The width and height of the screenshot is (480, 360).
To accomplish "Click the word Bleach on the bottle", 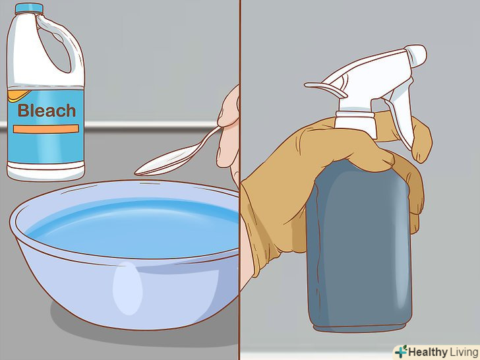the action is pos(47,111).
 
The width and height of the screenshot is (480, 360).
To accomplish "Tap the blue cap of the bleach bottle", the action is pos(29,8).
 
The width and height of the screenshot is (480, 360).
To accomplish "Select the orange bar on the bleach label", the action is pos(46,129).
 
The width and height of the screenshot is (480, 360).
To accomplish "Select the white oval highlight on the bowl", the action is pos(128,287).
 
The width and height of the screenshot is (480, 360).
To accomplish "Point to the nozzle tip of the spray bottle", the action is pos(416,55).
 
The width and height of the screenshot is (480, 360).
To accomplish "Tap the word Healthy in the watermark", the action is pos(428,352).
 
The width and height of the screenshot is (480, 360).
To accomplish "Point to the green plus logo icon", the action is pos(401,351).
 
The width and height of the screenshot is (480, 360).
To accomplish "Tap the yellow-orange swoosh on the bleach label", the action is pos(19,96).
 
